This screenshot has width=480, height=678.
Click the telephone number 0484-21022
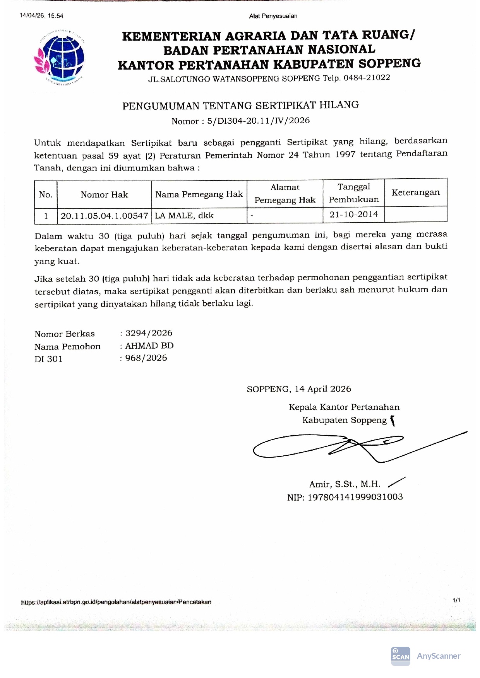point(367,77)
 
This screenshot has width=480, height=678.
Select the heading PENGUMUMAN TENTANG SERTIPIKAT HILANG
point(240,105)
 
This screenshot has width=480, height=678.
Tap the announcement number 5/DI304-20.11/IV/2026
point(258,121)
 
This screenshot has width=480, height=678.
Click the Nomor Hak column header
point(104,194)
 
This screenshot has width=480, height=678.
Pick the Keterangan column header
point(415,192)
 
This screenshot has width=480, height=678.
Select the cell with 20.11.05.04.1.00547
point(104,216)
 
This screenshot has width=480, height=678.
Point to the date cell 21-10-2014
point(353,215)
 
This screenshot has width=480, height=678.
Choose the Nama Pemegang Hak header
point(199,194)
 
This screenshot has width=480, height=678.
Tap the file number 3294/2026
point(149,333)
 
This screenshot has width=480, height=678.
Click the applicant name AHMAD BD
point(149,346)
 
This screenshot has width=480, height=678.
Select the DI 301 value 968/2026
point(146,358)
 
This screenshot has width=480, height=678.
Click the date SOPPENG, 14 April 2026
point(299,389)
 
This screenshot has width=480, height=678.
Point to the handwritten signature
point(348,446)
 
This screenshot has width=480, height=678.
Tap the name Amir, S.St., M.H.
point(345,484)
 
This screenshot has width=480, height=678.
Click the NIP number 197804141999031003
point(355,497)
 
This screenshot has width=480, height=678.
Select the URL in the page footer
point(116,602)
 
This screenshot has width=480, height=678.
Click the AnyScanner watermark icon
point(400,656)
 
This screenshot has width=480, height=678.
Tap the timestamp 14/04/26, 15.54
point(41,16)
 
